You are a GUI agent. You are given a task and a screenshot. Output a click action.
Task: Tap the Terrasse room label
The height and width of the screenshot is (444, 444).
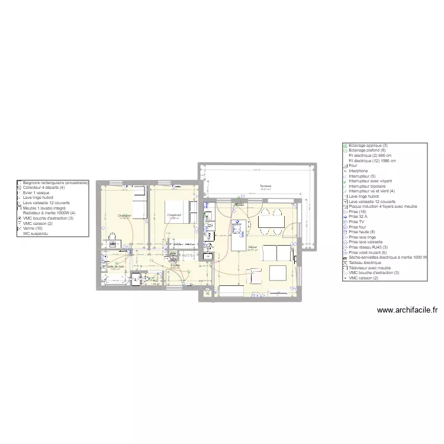(265, 186)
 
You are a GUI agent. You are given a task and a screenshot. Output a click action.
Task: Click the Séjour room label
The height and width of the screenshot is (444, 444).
(253, 247)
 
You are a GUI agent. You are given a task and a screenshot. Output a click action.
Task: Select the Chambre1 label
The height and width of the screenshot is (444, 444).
(124, 215)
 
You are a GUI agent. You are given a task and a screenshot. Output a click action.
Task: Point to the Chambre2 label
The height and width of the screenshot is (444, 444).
(174, 215)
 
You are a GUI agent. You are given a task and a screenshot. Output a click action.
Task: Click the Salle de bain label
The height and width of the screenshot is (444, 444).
(116, 266)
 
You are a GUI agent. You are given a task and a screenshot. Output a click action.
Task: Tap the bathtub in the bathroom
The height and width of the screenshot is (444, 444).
(113, 279)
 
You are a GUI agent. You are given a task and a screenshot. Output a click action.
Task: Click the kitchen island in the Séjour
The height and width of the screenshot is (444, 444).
(239, 234)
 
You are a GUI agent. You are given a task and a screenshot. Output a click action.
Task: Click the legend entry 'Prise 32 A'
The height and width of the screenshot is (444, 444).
(359, 217)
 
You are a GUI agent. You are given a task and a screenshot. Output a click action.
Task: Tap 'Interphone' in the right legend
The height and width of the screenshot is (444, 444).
(359, 171)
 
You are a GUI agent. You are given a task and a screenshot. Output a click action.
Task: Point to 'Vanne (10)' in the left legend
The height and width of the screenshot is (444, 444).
(33, 228)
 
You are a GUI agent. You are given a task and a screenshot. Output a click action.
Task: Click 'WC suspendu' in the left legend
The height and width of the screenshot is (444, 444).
(36, 233)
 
